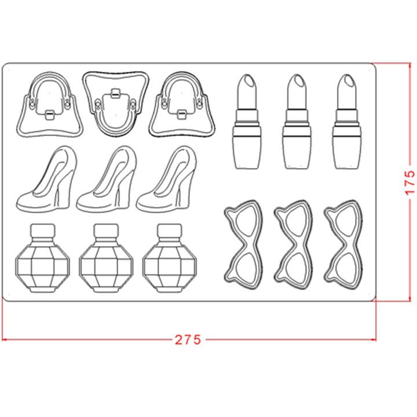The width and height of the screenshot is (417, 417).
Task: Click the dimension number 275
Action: click(188, 339)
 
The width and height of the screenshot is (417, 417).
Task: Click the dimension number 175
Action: click(409, 182)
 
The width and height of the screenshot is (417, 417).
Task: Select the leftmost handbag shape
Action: click(49, 104)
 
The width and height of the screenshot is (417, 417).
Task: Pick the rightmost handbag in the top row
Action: click(182, 104)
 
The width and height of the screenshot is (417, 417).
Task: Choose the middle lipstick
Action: click(297, 122)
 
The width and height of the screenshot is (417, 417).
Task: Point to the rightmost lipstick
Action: click(347, 122)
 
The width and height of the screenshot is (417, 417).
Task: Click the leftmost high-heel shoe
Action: click(46, 179)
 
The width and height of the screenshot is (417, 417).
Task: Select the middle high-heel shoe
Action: click(107, 179)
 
